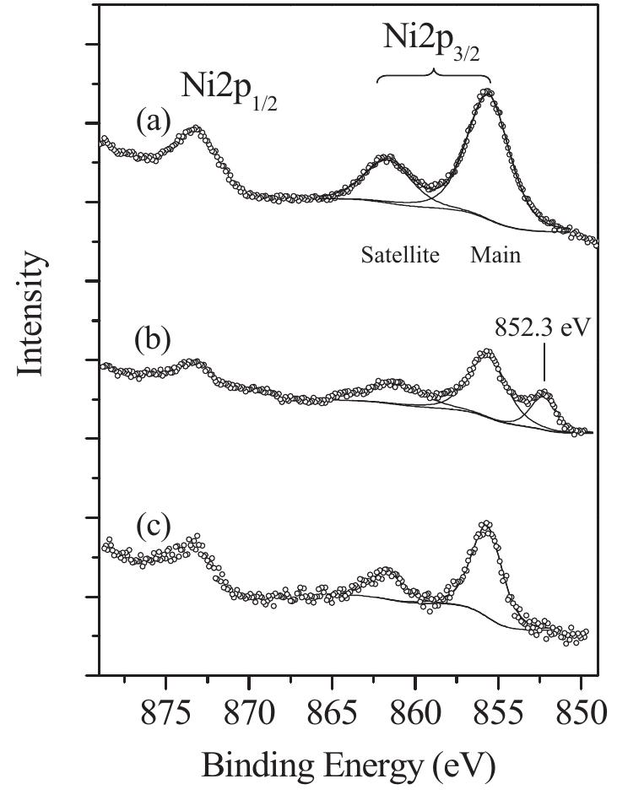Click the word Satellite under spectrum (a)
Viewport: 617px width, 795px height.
(x=400, y=254)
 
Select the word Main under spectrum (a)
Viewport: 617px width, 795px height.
(x=495, y=254)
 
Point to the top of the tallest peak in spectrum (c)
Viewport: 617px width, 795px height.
(x=485, y=524)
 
